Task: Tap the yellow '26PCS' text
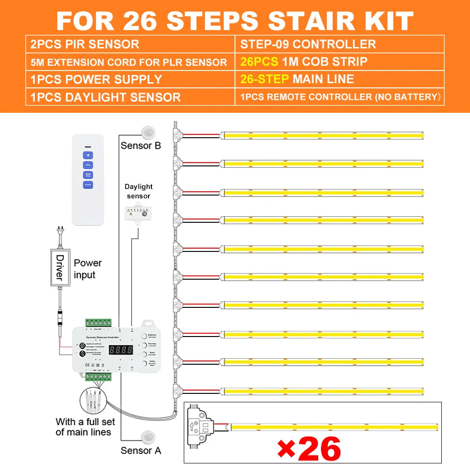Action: [x=258, y=62]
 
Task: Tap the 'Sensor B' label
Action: [x=141, y=145]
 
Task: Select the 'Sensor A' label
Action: [x=141, y=450]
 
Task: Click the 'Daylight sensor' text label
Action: [x=139, y=191]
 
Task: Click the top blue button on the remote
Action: [x=88, y=155]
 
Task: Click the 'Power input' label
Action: [x=87, y=269]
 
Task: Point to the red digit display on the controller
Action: [x=120, y=350]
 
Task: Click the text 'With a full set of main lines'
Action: [x=83, y=427]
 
